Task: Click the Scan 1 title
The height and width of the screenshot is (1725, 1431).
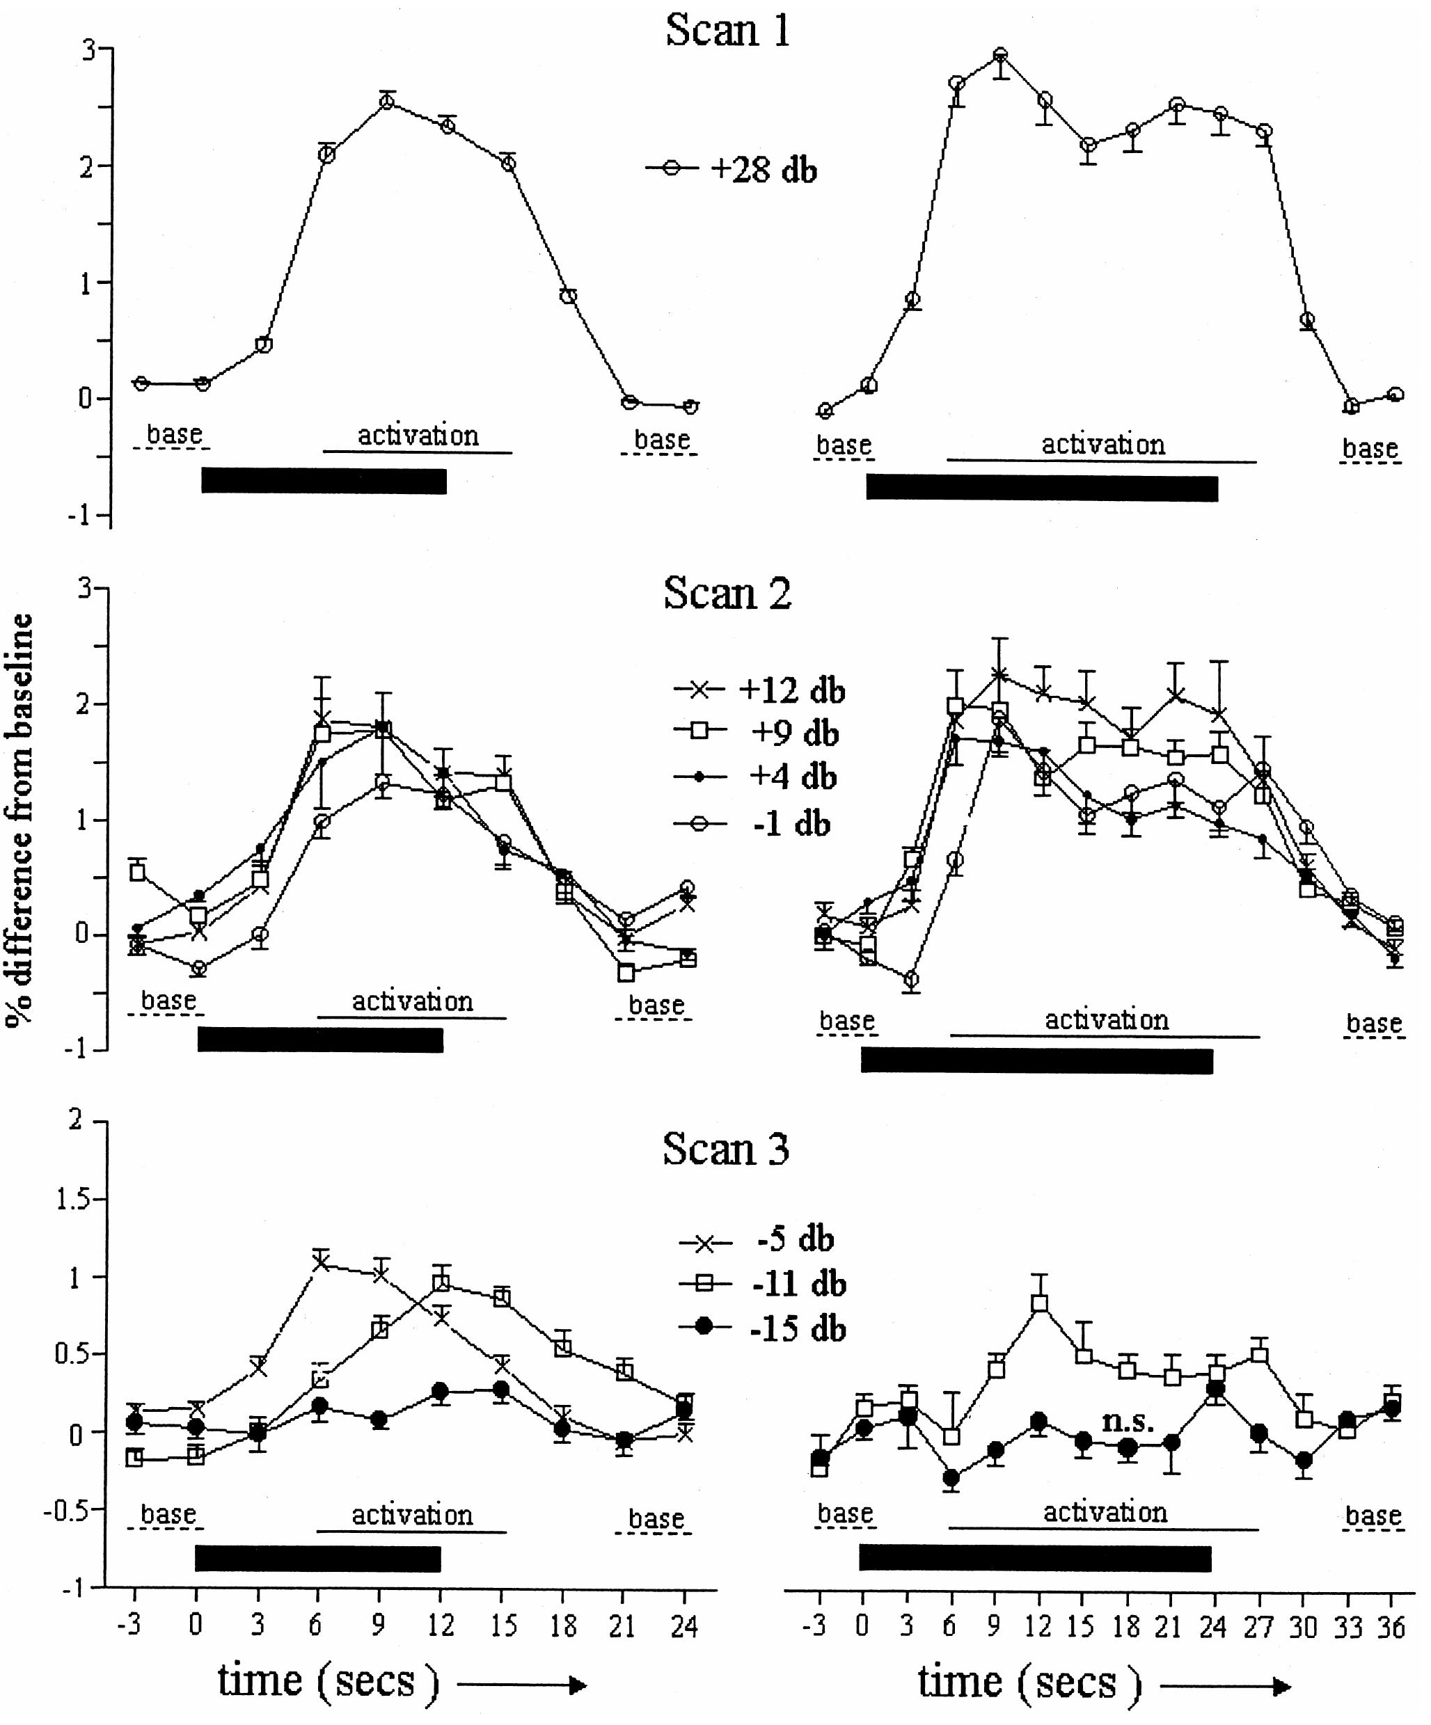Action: coord(728,31)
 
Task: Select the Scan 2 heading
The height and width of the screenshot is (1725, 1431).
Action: coord(727,593)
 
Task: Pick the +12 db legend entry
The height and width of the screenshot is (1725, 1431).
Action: coord(759,690)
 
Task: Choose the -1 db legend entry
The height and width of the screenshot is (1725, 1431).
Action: coord(752,824)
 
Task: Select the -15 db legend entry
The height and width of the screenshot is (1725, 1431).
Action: coord(762,1328)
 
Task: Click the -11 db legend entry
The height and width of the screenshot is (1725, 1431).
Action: coord(762,1284)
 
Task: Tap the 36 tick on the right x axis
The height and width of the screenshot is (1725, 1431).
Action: coord(1391,1626)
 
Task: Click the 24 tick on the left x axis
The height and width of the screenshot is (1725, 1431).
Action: coord(683,1626)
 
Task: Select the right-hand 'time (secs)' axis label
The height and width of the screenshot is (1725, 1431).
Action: coord(1030,1685)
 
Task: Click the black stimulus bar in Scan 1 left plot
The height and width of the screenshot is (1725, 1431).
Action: coord(324,481)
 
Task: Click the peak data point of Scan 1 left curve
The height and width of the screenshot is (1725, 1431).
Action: coord(387,102)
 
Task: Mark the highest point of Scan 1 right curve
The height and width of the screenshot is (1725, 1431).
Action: coord(999,56)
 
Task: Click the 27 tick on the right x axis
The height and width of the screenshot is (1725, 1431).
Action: coord(1258,1626)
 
